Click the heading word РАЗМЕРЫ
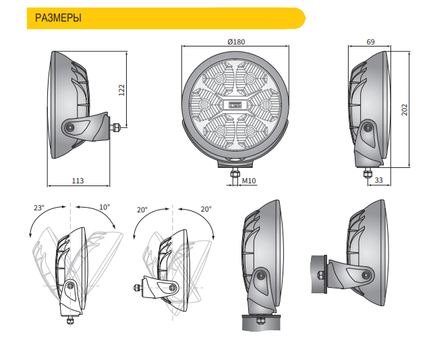tap(58, 18)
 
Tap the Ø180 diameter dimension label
tap(236, 42)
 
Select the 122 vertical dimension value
tap(121, 90)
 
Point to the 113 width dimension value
tap(78, 181)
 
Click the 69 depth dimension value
tap(370, 42)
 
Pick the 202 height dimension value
tap(404, 110)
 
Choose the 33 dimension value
tap(379, 180)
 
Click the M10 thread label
tap(249, 181)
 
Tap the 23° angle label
tap(39, 208)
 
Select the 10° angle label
tap(105, 207)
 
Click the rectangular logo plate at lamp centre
tap(235, 104)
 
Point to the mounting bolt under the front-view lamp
tap(235, 174)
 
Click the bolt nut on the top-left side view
tap(115, 127)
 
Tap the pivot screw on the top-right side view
tap(368, 128)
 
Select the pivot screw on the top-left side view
tap(70, 127)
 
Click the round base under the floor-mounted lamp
tap(261, 322)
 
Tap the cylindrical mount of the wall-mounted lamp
tap(319, 274)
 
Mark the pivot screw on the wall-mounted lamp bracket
tap(366, 275)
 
